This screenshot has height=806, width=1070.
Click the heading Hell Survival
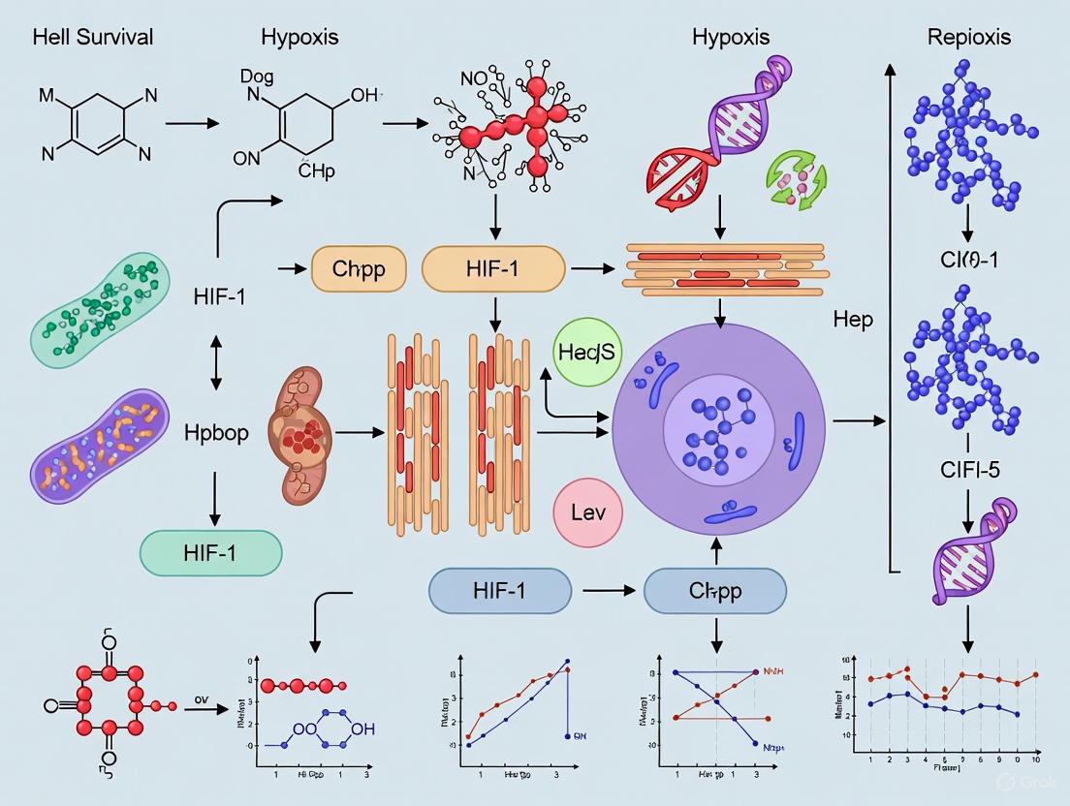coord(93,38)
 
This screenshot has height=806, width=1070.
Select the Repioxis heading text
coord(968,38)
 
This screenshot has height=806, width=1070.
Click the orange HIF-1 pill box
coord(493,269)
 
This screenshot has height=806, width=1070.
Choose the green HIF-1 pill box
coord(210,553)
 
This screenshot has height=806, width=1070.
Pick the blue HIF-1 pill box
coord(499,589)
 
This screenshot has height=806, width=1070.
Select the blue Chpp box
coord(714,590)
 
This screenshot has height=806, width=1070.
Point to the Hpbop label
coord(216,433)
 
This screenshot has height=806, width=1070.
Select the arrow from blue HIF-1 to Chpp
coord(604,589)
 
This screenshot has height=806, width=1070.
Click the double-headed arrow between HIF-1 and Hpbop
coord(215,364)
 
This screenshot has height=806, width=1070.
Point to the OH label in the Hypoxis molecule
coord(363,95)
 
